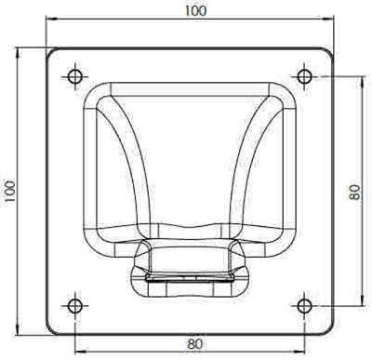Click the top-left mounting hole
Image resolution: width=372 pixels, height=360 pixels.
(x=75, y=76)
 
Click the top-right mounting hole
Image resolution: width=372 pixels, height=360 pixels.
(x=304, y=76)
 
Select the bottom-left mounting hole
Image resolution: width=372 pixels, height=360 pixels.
(x=74, y=306)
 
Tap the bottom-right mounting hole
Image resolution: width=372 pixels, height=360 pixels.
(x=304, y=306)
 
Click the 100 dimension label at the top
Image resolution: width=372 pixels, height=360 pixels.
(x=195, y=11)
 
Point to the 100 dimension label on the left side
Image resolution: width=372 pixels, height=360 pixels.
(x=10, y=192)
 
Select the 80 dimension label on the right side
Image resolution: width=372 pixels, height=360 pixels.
(x=354, y=192)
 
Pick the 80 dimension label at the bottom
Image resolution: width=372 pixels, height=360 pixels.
(x=195, y=344)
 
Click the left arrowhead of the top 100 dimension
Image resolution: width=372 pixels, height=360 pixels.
(x=50, y=20)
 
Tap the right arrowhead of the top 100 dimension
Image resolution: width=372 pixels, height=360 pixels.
(x=328, y=20)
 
